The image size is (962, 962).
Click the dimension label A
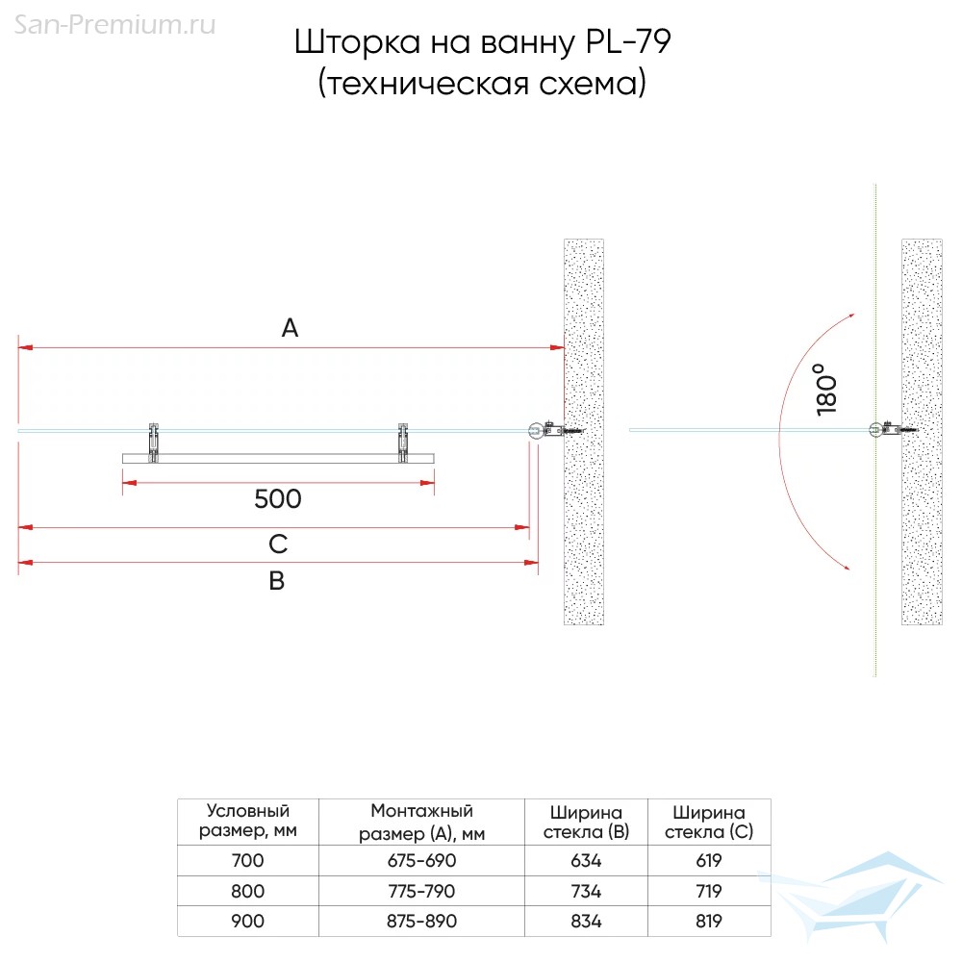(290, 328)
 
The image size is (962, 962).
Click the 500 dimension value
(278, 498)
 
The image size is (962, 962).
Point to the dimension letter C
(278, 544)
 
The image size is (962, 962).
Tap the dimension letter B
(277, 580)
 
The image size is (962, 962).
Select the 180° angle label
(826, 389)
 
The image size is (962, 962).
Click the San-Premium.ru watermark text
(114, 25)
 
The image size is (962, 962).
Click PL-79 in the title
(628, 41)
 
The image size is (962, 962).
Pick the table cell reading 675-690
(421, 860)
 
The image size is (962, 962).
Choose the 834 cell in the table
(586, 921)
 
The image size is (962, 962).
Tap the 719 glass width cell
(709, 891)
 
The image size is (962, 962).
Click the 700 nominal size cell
(247, 860)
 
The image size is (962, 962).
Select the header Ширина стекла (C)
(709, 823)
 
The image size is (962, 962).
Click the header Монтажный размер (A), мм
(421, 823)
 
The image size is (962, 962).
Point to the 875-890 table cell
(421, 921)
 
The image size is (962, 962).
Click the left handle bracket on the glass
(153, 443)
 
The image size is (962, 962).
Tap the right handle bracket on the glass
(402, 443)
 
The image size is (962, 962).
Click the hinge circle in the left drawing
(536, 430)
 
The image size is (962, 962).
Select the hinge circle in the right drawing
(875, 429)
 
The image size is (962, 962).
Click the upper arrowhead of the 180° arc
(850, 316)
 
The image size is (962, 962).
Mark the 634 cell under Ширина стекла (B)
(586, 860)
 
